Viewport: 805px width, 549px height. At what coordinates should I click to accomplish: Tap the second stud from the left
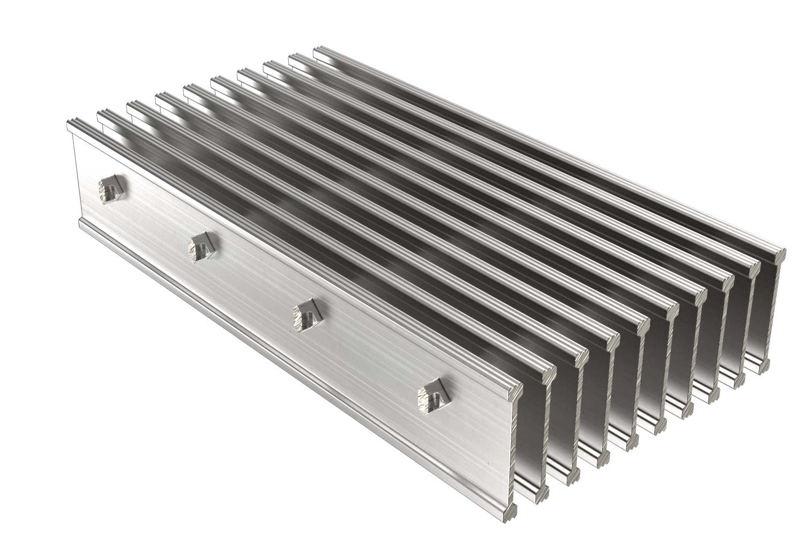(201, 247)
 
